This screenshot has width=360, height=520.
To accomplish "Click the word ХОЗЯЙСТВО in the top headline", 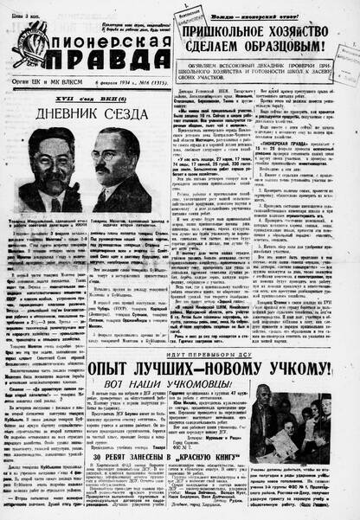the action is [299, 31].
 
